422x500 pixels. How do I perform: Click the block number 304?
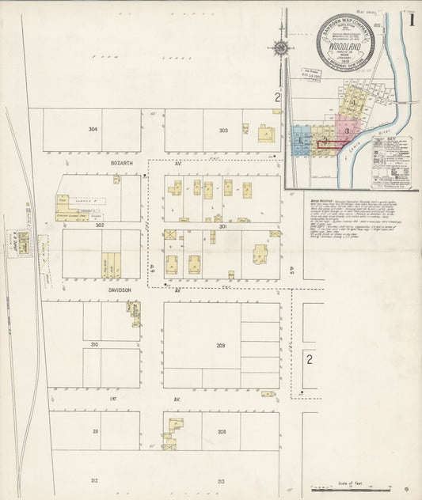tap(93, 129)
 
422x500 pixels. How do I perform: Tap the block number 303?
tap(223, 130)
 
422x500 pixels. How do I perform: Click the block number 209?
tap(221, 346)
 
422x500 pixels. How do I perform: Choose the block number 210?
tap(93, 345)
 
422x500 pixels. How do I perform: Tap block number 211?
tap(94, 431)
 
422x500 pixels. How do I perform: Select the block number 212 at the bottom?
tap(94, 480)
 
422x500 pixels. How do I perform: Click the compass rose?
tap(281, 49)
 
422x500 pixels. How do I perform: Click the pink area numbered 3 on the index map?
tap(348, 131)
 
